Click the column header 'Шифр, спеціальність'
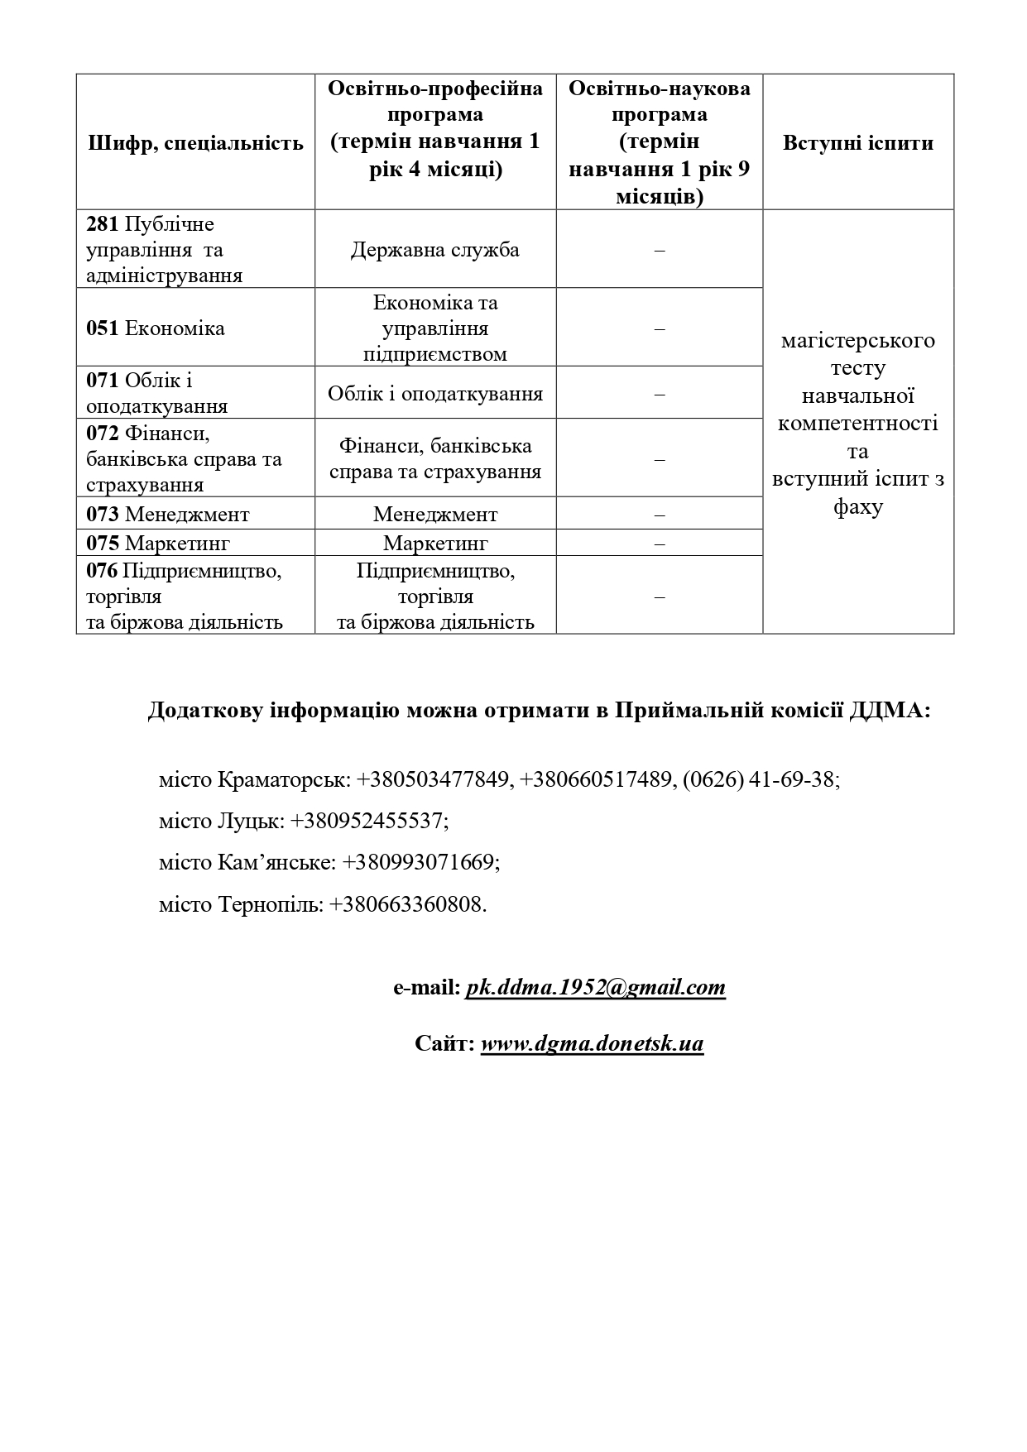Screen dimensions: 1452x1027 point(195,143)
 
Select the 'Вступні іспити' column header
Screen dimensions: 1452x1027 point(857,143)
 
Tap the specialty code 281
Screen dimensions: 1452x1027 point(103,224)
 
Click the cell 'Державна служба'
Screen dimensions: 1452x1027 point(434,250)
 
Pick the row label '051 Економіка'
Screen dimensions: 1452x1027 point(156,328)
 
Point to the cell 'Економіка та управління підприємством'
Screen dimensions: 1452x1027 point(434,328)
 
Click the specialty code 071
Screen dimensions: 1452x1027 point(103,381)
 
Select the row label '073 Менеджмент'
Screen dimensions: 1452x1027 point(167,515)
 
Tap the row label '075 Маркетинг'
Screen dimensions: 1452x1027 point(157,543)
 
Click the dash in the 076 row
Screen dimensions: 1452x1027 point(659,597)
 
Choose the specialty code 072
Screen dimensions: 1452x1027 point(103,434)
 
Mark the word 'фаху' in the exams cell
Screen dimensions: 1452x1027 point(857,506)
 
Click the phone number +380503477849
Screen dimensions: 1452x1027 point(435,779)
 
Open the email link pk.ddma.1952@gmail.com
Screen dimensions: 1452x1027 point(595,987)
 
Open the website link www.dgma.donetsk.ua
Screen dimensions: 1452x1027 point(592,1043)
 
